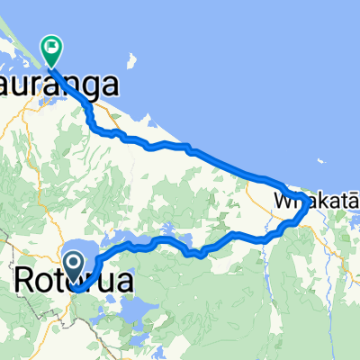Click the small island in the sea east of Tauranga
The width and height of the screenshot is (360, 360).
pos(133,60)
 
